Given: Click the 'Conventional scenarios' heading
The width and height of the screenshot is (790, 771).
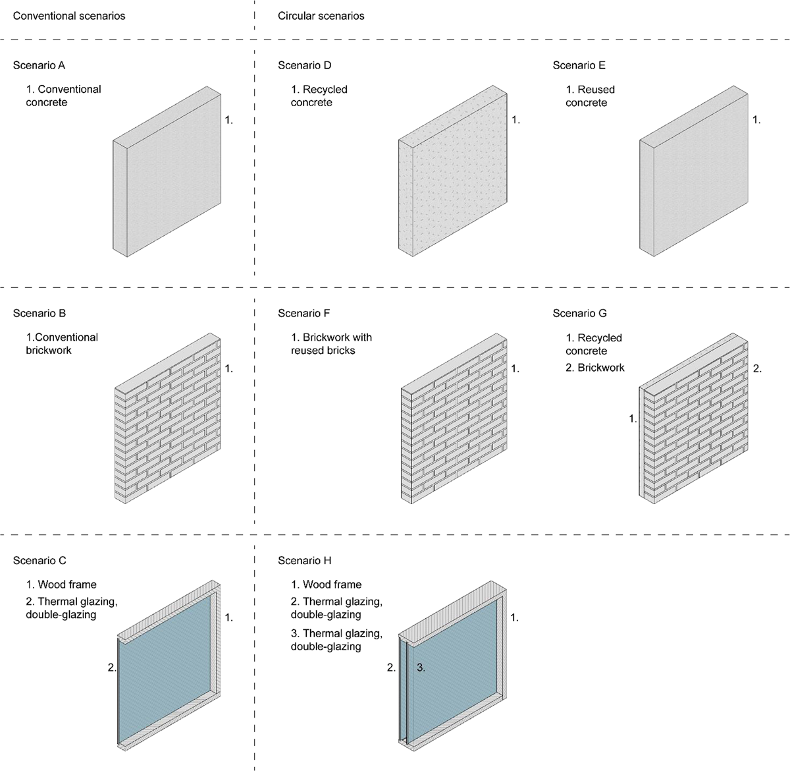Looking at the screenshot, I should click(69, 15).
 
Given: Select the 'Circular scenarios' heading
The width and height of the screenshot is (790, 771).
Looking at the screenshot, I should click(321, 15).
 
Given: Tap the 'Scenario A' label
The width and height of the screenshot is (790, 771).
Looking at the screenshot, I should click(39, 65).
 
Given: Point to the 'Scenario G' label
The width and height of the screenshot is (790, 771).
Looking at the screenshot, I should click(579, 313).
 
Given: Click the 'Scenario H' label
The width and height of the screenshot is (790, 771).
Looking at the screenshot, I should click(304, 560).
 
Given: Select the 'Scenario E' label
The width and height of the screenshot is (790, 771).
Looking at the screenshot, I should click(579, 65).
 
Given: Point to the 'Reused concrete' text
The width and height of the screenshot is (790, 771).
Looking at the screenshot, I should click(590, 96).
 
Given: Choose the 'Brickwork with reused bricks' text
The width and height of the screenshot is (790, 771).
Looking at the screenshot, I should click(331, 343).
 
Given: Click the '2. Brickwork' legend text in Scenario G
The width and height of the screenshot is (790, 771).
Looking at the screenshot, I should click(594, 367).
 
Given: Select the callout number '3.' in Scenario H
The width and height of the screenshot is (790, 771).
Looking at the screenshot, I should click(421, 668).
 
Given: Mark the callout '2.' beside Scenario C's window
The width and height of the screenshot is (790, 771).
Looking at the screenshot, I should click(112, 668).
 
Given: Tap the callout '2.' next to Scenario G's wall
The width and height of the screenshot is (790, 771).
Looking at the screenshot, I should click(757, 369).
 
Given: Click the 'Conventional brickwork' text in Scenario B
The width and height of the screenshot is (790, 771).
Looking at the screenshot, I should click(62, 343).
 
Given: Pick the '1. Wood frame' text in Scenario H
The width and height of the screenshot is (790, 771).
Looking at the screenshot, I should click(326, 585).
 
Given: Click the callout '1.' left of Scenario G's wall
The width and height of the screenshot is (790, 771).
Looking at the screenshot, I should click(633, 418).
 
